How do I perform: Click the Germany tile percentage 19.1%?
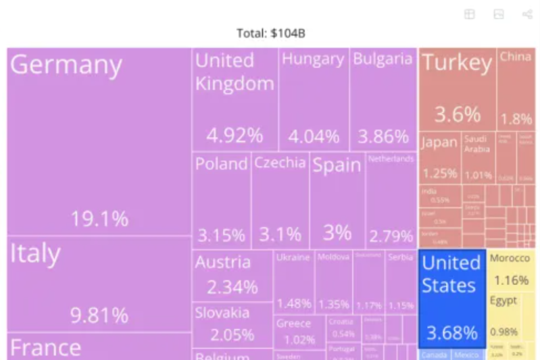[99, 219]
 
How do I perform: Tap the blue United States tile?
[451, 297]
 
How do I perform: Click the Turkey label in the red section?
[457, 63]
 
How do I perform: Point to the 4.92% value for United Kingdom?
[235, 136]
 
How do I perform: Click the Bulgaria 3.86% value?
[383, 136]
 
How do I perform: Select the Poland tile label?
[221, 164]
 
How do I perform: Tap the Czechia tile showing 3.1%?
[280, 203]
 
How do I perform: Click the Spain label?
[337, 165]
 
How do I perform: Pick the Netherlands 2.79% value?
[391, 236]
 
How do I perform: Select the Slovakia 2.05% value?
[232, 335]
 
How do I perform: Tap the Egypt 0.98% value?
[504, 332]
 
